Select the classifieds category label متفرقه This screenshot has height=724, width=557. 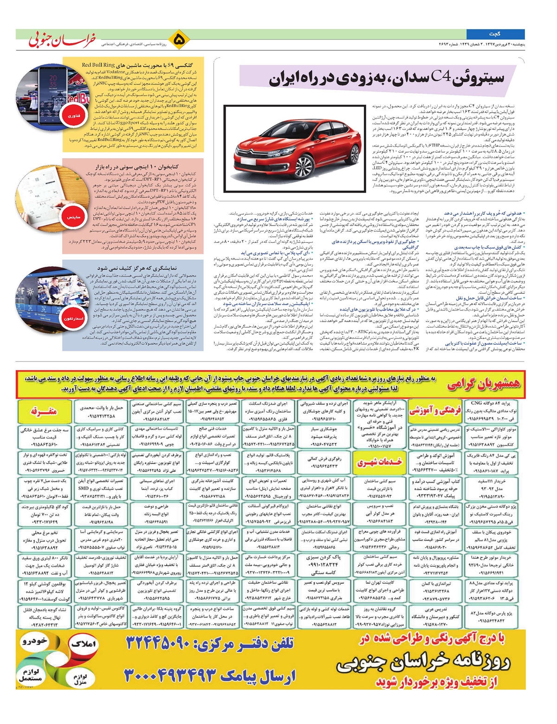[x=44, y=411]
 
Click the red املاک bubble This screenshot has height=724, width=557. [x=84, y=644]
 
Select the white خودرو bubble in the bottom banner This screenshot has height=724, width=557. [x=34, y=641]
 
